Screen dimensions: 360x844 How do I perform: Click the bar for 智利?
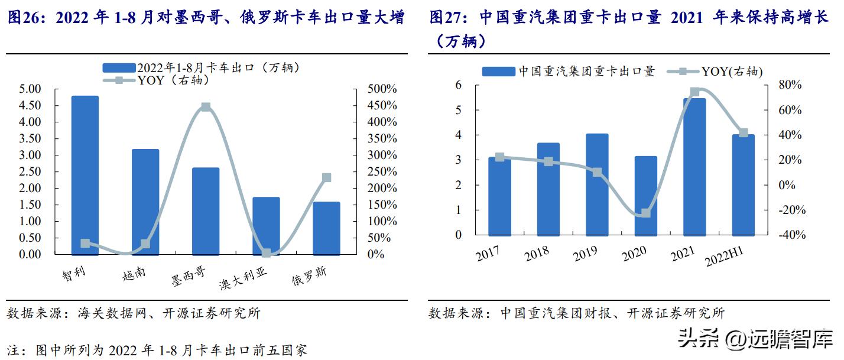[x=85, y=175]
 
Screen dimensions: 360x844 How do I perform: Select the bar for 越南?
[x=145, y=202]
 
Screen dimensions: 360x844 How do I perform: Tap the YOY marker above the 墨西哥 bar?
[x=205, y=107]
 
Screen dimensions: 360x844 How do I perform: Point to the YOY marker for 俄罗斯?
[x=327, y=177]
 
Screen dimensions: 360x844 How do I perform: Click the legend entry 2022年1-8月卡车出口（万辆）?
[x=201, y=68]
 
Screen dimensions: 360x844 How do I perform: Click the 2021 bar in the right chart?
[x=694, y=166]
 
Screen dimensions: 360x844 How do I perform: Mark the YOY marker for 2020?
[x=646, y=213]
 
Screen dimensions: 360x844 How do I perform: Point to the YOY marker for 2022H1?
[x=744, y=133]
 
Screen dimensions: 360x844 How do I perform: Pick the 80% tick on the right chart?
[x=774, y=85]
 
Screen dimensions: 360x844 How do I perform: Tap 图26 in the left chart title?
[x=25, y=18]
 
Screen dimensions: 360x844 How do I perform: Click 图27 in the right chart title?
[x=448, y=18]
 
